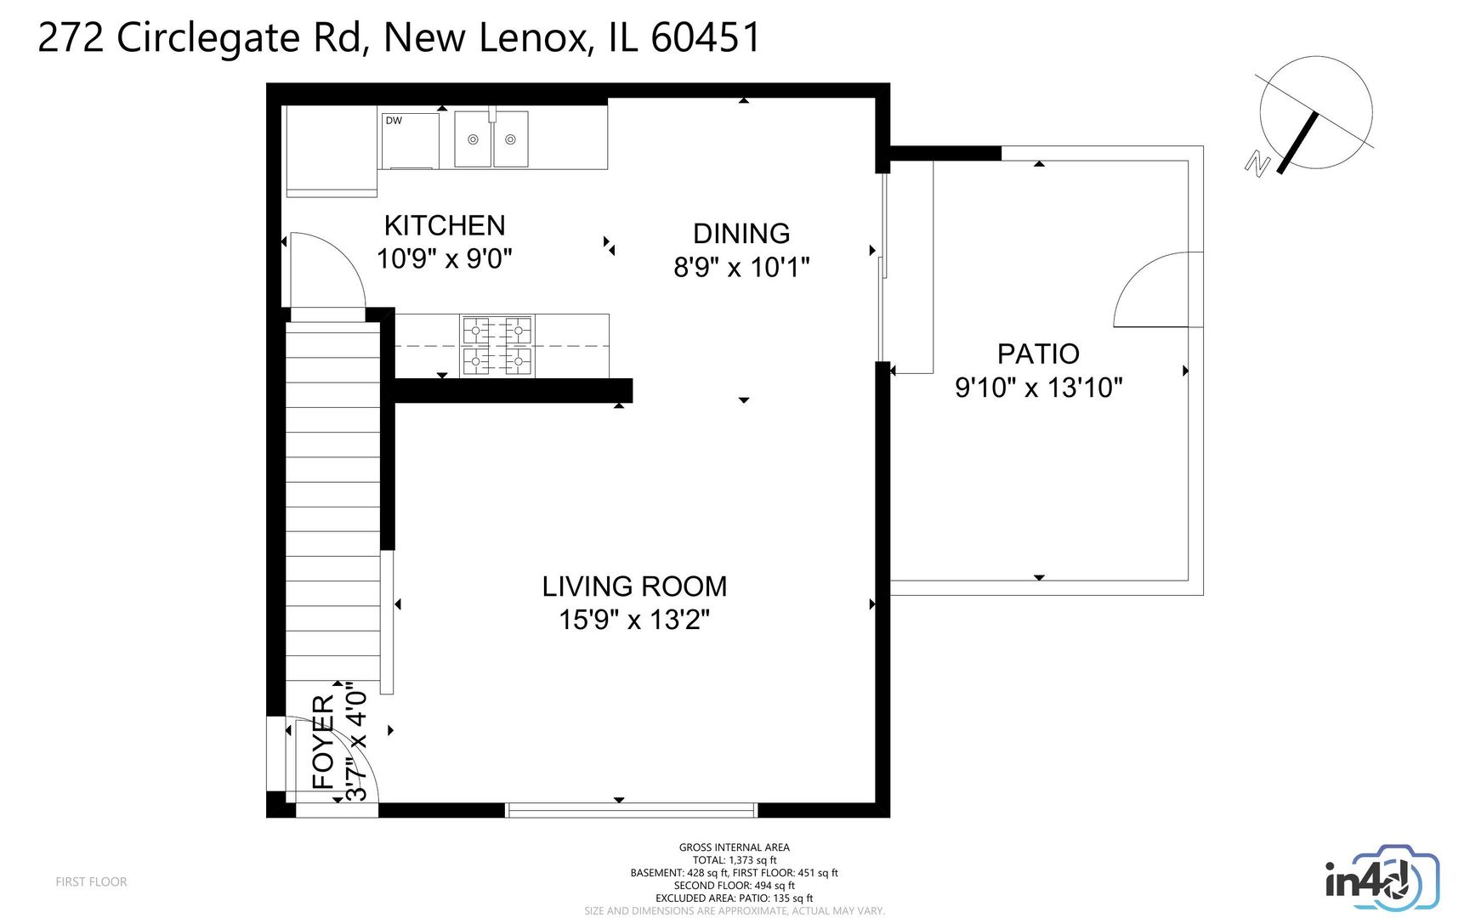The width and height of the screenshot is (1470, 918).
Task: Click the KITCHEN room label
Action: tap(445, 225)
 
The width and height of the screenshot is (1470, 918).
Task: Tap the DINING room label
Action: tap(741, 234)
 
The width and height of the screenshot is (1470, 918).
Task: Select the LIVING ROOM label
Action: tap(634, 586)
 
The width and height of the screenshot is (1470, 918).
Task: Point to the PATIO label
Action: tap(1038, 354)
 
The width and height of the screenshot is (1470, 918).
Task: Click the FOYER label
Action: tap(324, 742)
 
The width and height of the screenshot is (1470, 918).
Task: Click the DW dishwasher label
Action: tap(394, 121)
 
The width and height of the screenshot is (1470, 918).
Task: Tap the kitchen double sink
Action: tap(491, 139)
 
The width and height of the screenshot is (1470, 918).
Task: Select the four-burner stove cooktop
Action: tap(497, 346)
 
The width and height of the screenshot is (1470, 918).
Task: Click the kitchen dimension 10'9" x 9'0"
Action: tap(445, 258)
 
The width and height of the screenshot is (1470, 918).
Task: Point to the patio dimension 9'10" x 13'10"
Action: tap(1038, 388)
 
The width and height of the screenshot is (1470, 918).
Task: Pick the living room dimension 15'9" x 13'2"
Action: tap(634, 620)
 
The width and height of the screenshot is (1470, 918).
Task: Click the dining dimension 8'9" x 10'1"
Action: tap(741, 267)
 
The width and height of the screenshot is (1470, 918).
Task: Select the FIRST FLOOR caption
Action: tap(91, 882)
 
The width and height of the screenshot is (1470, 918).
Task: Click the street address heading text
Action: tap(399, 38)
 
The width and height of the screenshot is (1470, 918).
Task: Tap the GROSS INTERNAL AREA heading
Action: tap(734, 847)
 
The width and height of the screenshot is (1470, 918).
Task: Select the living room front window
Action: tap(631, 810)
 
